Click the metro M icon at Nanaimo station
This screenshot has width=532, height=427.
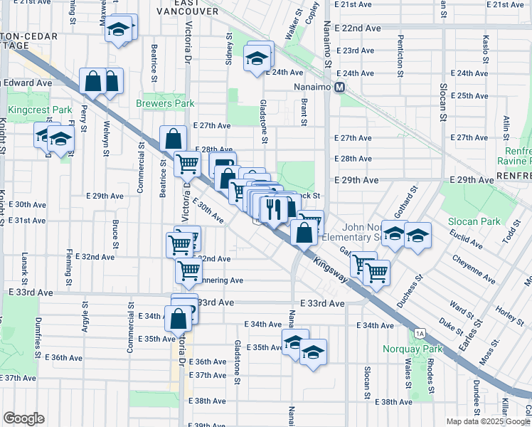coord(340,88)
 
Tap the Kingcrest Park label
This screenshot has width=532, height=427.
coord(30,110)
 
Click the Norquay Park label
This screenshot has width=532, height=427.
coord(412,349)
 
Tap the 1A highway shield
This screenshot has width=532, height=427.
coord(420,333)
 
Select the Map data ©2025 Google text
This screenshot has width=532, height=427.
coord(487,421)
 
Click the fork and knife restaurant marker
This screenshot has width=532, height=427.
coord(272,208)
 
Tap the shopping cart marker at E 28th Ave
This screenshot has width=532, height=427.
coord(187,163)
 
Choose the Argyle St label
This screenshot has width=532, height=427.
coord(85,316)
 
